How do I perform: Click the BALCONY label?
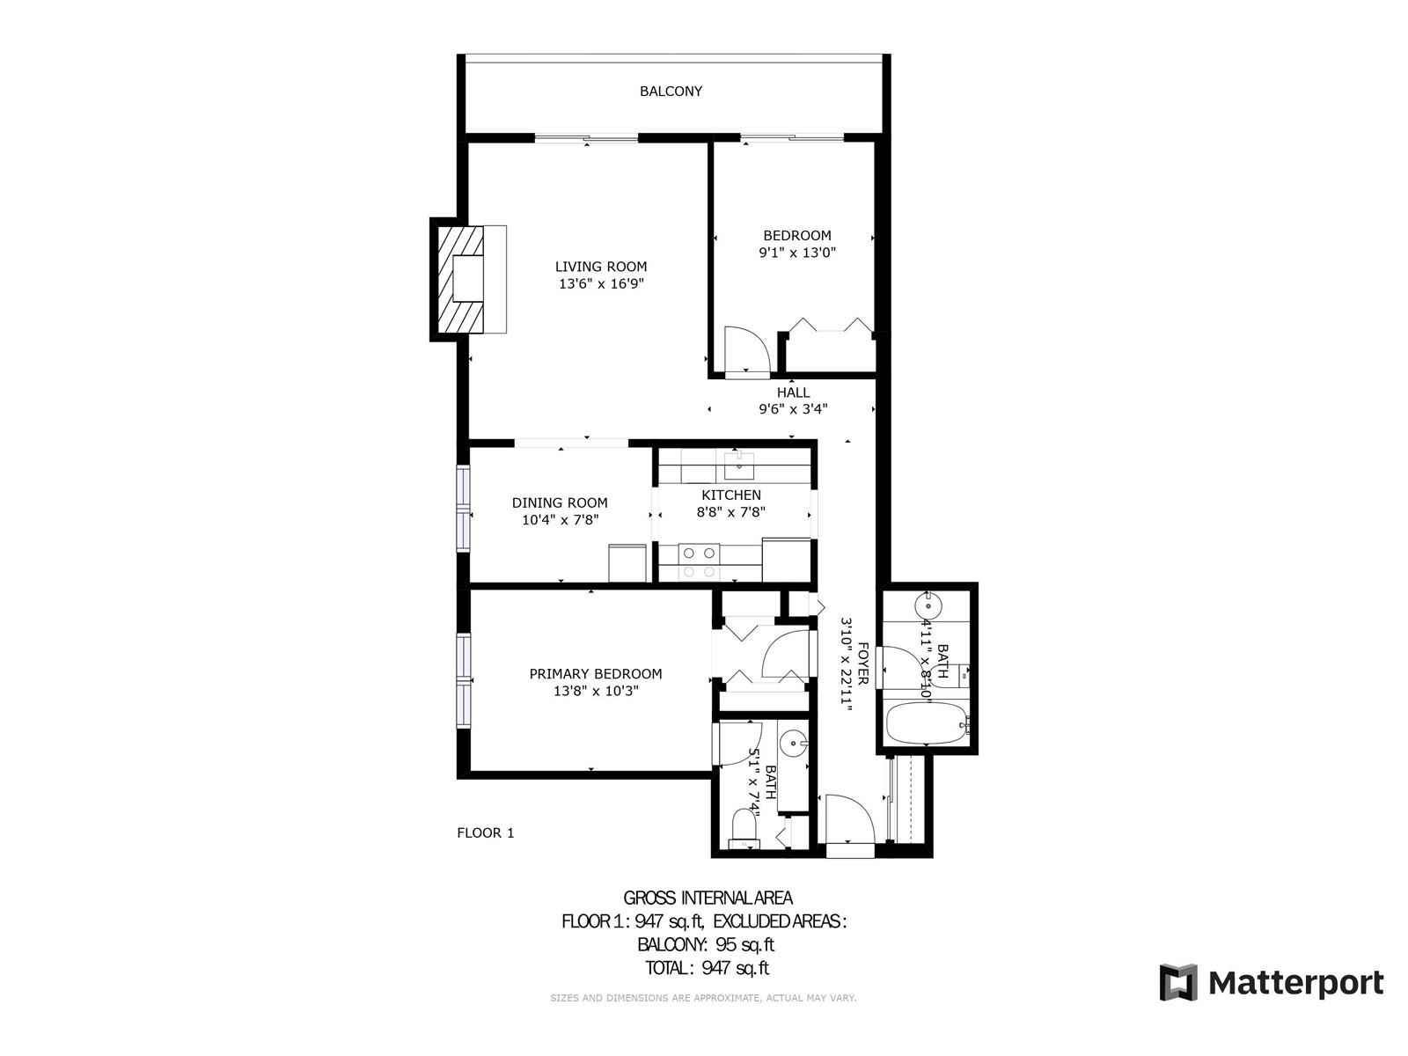pos(671,92)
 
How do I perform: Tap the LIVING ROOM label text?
pos(600,267)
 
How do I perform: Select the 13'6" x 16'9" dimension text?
pos(601,284)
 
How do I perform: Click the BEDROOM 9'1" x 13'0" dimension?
pos(797,253)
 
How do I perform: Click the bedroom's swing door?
pos(746,348)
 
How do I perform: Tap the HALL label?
pos(794,392)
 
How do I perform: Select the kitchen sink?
pos(739,466)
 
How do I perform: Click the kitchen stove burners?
pos(699,562)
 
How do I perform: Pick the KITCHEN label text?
pos(731,495)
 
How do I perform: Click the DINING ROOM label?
pos(560,503)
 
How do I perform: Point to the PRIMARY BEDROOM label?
pos(595,674)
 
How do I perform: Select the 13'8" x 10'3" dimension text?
pos(596,691)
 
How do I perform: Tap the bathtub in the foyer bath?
pos(927,723)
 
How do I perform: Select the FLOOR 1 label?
pos(486,832)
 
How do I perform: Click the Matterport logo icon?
pos(1178,982)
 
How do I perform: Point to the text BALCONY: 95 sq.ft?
pos(706,945)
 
